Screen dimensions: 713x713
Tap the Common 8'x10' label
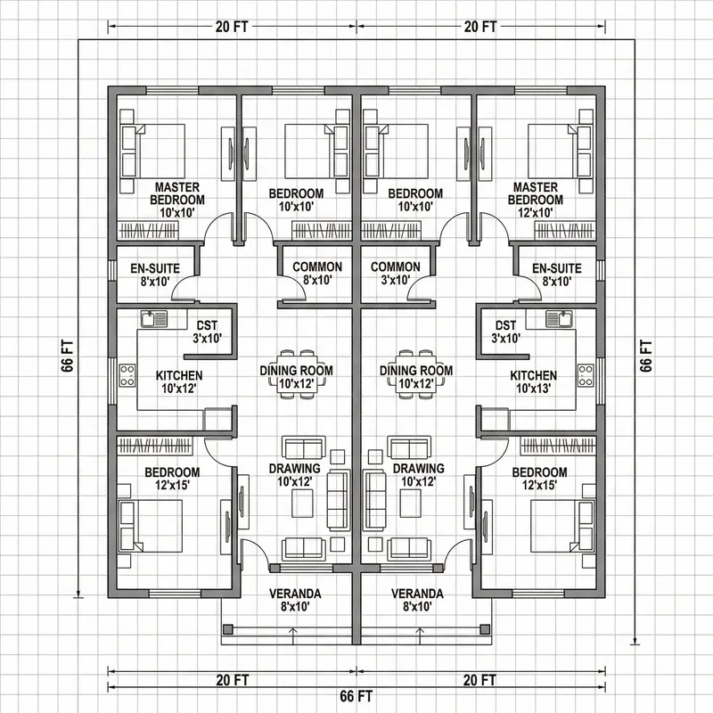click(x=317, y=274)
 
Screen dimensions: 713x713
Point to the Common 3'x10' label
click(x=395, y=274)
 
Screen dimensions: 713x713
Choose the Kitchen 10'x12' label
click(x=179, y=382)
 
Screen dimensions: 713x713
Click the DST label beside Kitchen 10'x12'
click(x=208, y=332)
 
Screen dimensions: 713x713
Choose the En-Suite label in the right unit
click(x=556, y=274)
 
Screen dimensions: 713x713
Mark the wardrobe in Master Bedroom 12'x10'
click(x=563, y=230)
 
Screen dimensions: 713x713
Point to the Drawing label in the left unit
click(x=294, y=475)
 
